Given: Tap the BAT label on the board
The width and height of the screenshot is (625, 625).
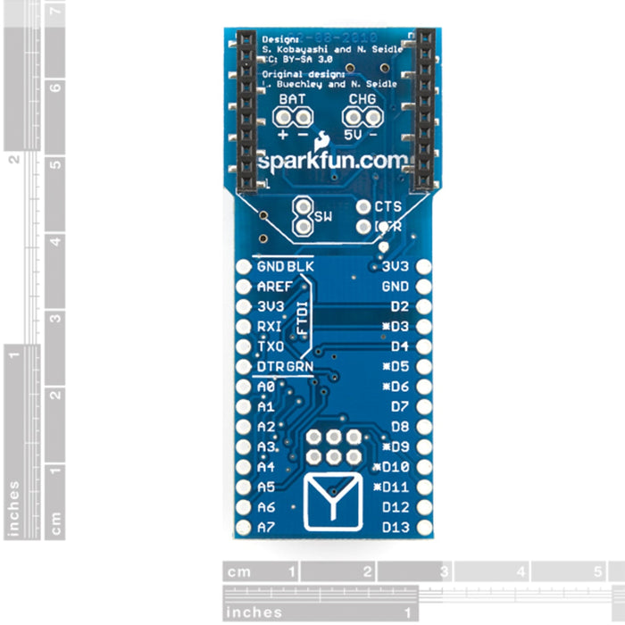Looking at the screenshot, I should [x=292, y=98].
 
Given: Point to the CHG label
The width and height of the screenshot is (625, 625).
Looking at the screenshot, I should [x=362, y=98].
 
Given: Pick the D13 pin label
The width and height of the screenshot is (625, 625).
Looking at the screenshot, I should [x=395, y=528].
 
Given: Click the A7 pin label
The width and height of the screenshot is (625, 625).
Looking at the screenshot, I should [x=265, y=528].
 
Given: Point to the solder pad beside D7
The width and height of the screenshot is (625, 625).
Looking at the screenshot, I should [x=423, y=407].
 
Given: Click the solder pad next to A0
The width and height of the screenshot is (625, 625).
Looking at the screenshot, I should [x=242, y=387].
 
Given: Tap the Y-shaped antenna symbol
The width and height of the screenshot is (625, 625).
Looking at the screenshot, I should [x=331, y=504].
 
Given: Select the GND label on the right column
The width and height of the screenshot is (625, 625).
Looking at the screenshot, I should [x=395, y=287].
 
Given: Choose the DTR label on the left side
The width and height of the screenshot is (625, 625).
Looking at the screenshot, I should [x=271, y=367].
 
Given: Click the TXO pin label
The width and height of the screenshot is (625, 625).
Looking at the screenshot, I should [x=270, y=346].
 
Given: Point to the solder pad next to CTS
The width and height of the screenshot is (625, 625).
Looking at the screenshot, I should [x=363, y=206].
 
